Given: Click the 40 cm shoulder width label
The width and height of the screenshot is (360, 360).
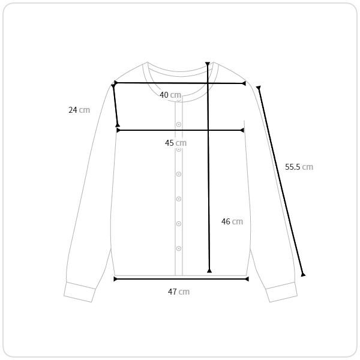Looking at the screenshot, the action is coord(170,95).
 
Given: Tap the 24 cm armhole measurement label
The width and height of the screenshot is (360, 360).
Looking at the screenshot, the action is coord(79,110).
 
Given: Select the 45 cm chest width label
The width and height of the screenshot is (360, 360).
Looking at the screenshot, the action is coord(176,143).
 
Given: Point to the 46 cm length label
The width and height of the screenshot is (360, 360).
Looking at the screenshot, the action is coord(232,221).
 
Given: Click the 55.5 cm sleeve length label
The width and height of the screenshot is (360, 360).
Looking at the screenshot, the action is coord(299,167).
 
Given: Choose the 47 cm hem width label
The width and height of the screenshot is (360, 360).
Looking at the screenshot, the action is coord(179,292).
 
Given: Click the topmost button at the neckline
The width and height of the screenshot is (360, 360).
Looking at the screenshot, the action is coord(179,100).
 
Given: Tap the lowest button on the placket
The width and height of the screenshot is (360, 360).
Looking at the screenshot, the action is coord(179,248).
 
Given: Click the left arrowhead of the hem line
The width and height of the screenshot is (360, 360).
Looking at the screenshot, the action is coord(115,279).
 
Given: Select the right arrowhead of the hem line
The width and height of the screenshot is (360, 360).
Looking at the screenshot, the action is coord(247,279).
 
